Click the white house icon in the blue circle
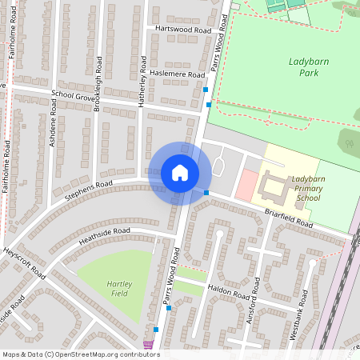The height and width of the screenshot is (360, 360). (180, 173)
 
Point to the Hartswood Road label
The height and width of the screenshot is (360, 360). (184, 29)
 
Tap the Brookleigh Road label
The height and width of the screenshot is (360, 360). (98, 83)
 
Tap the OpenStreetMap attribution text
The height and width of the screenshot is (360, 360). (81, 354)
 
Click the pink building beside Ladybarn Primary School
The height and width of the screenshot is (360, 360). (246, 185)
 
